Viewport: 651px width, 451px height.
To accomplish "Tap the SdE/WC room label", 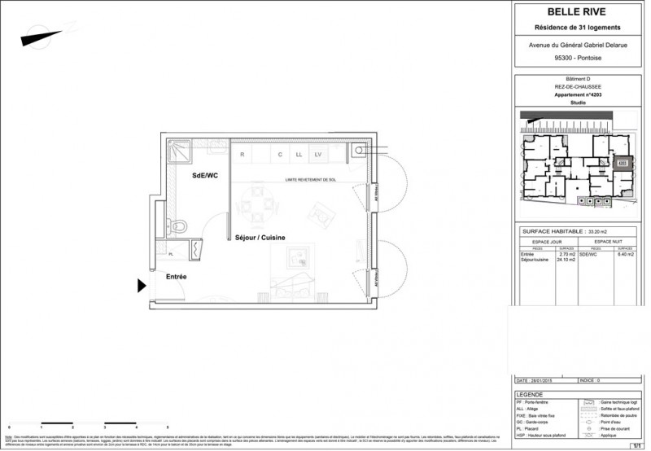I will click(206, 176).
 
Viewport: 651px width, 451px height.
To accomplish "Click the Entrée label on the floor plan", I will click(177, 278).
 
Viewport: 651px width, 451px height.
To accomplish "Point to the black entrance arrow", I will click(142, 285).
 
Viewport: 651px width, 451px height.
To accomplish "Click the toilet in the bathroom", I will click(181, 221).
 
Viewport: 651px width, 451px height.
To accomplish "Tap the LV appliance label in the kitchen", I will click(318, 154).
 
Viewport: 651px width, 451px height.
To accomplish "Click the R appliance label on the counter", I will click(242, 154).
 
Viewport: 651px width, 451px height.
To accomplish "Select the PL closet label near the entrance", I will click(171, 254).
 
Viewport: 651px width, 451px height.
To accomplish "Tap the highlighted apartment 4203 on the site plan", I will click(623, 162).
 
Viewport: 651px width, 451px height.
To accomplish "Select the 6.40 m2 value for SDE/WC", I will click(625, 255).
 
